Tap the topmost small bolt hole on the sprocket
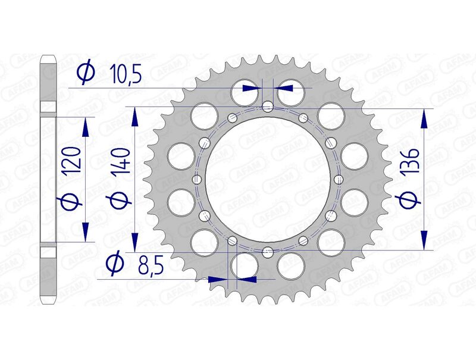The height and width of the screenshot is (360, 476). [x=268, y=107]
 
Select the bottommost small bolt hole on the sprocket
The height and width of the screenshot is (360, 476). [x=268, y=251]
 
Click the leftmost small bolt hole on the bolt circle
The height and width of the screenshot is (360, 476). [x=196, y=179]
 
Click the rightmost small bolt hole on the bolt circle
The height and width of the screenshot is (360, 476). [x=339, y=179]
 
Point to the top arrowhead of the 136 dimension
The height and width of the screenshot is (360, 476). [x=424, y=120]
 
